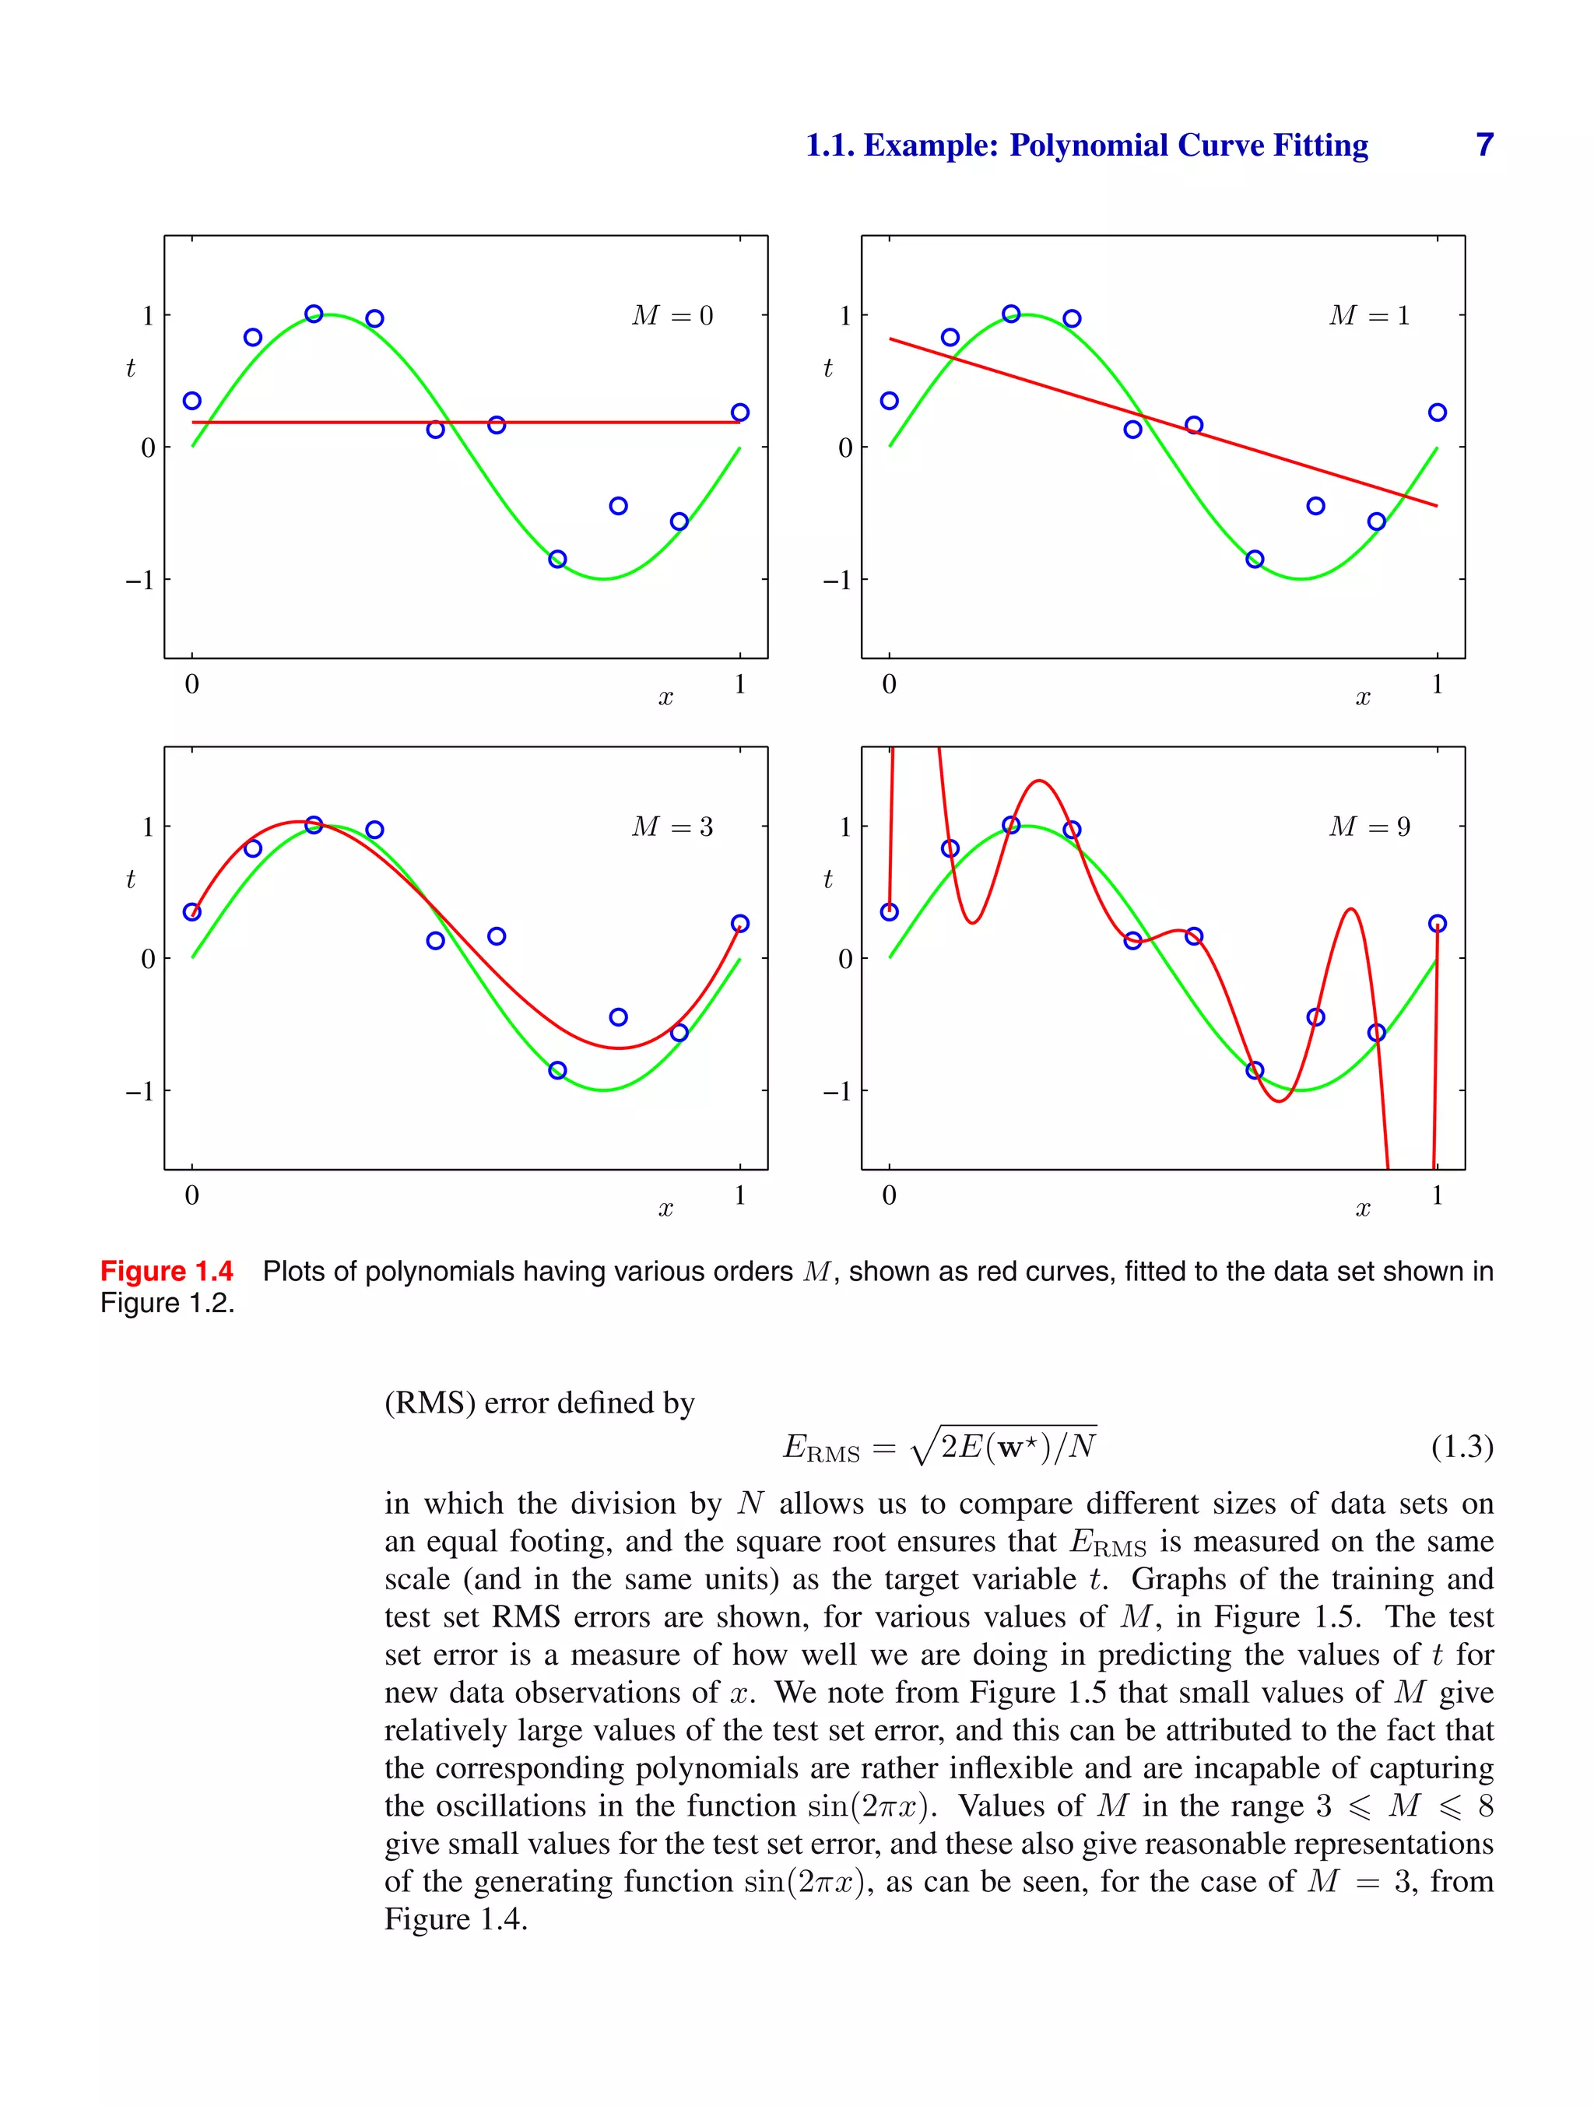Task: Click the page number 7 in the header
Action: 1483,145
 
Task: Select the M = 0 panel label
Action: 672,315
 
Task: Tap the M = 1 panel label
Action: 1369,315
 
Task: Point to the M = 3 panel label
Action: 672,827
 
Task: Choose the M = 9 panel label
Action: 1369,827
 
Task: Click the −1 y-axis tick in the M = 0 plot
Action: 140,580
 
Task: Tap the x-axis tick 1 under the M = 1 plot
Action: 1437,683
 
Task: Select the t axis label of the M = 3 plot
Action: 131,879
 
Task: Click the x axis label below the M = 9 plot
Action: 1363,1209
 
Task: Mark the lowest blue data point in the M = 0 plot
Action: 558,559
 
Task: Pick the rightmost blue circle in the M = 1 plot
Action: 1437,412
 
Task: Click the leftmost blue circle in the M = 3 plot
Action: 192,912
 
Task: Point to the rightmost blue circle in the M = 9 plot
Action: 1437,924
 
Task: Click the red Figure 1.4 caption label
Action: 167,1272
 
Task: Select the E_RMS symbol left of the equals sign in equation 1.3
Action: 821,1449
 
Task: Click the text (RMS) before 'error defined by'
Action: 430,1403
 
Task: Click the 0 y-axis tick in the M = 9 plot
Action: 845,959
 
